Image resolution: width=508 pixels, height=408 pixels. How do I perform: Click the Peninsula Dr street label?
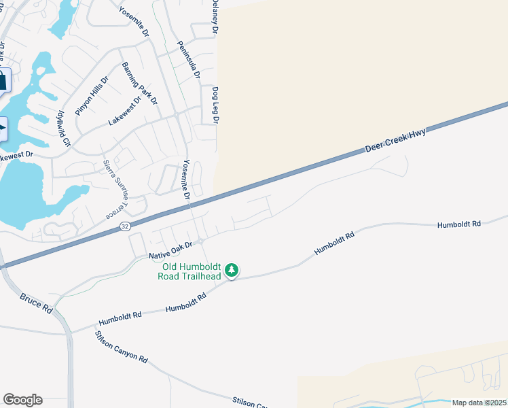pyautogui.click(x=187, y=61)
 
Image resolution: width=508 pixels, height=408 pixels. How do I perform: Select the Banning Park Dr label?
pyautogui.click(x=139, y=84)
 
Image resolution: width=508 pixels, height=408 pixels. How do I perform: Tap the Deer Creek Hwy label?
pyautogui.click(x=395, y=139)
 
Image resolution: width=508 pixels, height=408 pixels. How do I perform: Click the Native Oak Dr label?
pyautogui.click(x=171, y=250)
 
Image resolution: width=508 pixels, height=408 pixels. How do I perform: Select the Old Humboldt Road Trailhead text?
pyautogui.click(x=189, y=271)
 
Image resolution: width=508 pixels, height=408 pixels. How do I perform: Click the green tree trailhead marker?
pyautogui.click(x=232, y=271)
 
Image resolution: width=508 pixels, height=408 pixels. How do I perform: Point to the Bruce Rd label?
pyautogui.click(x=36, y=303)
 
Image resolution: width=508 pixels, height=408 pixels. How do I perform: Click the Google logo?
pyautogui.click(x=22, y=400)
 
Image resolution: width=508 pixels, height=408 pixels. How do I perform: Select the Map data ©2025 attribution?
pyautogui.click(x=479, y=403)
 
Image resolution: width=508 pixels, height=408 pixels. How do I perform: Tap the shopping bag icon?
pyautogui.click(x=3, y=81)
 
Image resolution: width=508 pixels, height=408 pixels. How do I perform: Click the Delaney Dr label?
pyautogui.click(x=215, y=18)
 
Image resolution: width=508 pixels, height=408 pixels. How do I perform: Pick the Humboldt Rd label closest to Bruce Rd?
pyautogui.click(x=120, y=316)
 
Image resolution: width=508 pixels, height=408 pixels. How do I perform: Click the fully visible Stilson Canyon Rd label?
pyautogui.click(x=122, y=346)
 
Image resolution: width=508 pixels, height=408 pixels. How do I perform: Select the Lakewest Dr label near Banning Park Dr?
pyautogui.click(x=125, y=112)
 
